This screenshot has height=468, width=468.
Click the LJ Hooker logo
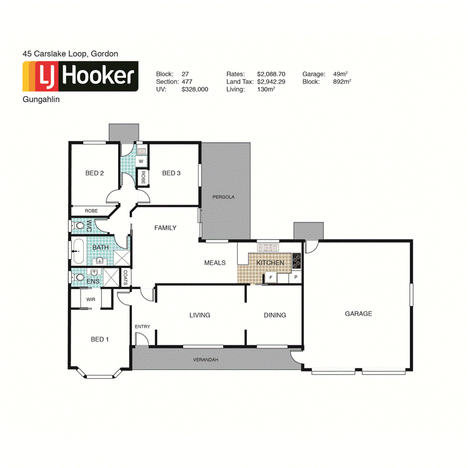point(80,77)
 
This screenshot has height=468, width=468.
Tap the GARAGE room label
point(358,314)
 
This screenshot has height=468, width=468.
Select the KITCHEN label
point(270,263)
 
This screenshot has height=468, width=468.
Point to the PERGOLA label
point(223,197)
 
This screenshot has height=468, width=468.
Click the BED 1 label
point(99,339)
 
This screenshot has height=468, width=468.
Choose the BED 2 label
point(94,173)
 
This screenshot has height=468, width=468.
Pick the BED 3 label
point(171,173)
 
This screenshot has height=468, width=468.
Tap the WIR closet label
point(90,299)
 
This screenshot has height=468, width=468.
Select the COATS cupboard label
point(126,277)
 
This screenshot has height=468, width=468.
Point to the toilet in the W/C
point(78,225)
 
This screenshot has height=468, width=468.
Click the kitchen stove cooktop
point(296,261)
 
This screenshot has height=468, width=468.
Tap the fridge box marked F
point(271,277)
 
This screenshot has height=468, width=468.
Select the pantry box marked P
point(296,277)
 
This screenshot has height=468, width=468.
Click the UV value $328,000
point(195,89)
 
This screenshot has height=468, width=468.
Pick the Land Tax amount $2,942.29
point(271,81)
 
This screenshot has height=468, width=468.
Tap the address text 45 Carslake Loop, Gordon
point(70,53)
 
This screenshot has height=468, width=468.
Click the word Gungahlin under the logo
point(41,100)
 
